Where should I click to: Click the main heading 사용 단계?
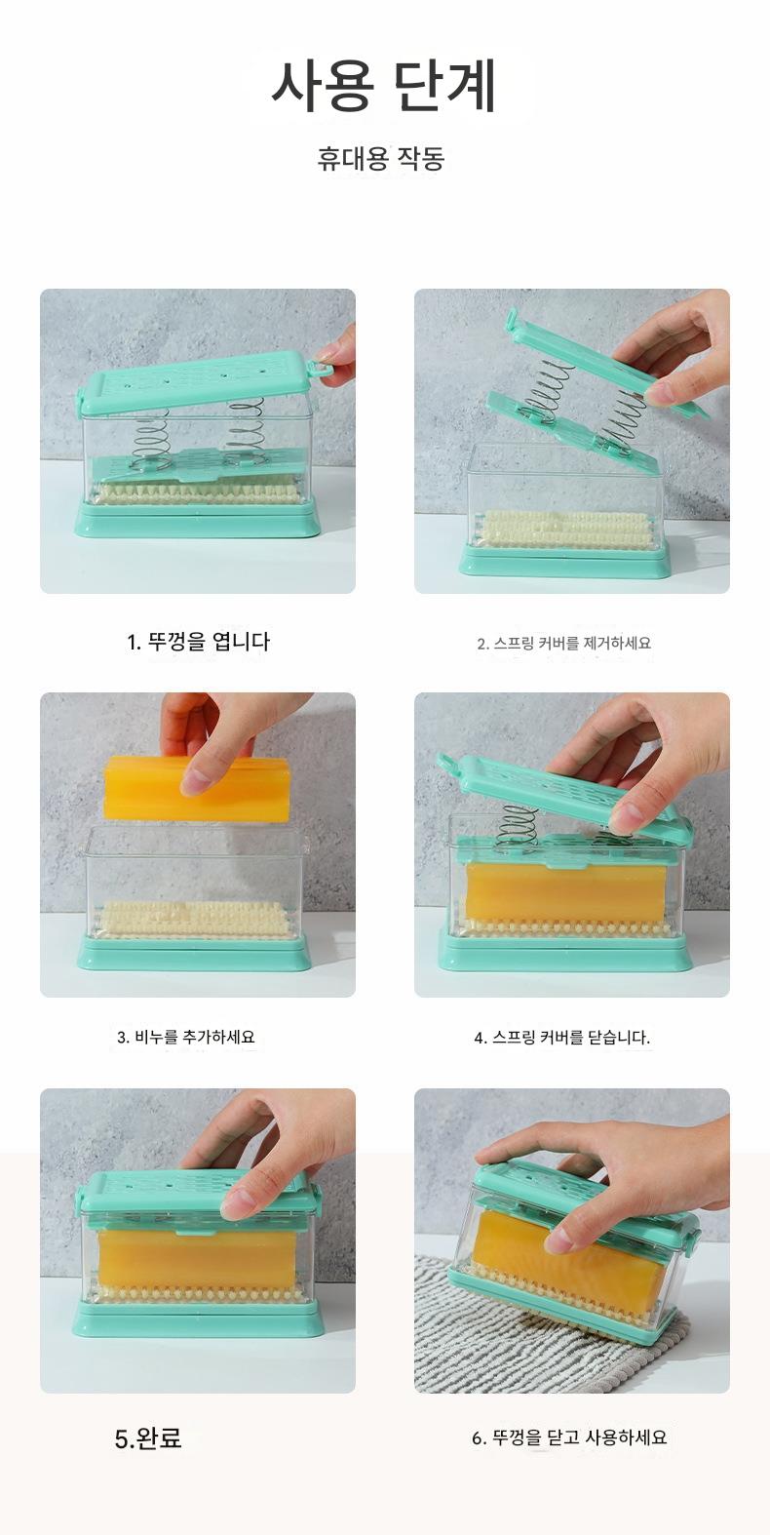tap(384, 87)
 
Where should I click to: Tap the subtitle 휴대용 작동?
tap(380, 158)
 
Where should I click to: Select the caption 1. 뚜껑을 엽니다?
tap(198, 642)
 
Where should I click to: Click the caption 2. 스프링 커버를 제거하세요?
tap(563, 644)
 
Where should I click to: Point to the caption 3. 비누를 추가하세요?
tap(185, 1037)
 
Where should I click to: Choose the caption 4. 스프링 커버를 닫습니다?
tap(561, 1038)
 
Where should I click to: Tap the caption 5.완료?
tap(148, 1437)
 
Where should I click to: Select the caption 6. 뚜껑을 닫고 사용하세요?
tap(568, 1437)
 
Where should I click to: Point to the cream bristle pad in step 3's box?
tap(192, 921)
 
